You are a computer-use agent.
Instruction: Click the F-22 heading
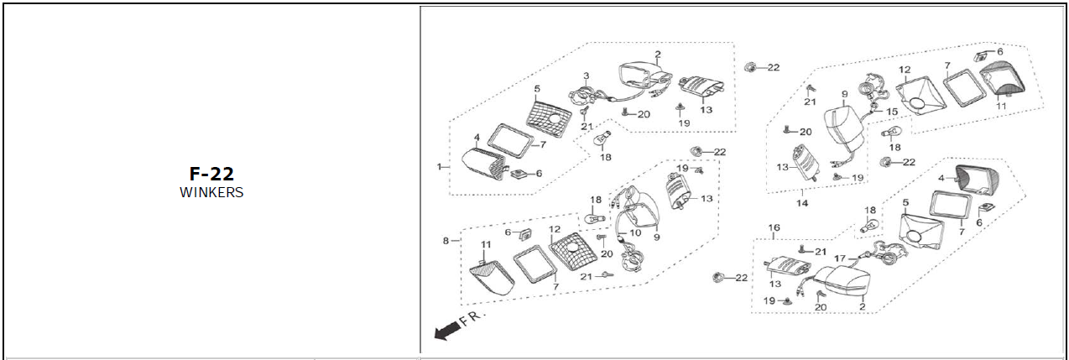click(x=211, y=174)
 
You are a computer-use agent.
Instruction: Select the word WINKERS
click(x=211, y=192)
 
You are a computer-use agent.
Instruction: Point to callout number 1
click(x=438, y=167)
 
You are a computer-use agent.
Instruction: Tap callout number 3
click(x=587, y=76)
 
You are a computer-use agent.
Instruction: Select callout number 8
click(x=446, y=241)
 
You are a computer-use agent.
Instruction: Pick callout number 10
click(x=635, y=232)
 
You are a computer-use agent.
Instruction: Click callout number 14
click(x=802, y=203)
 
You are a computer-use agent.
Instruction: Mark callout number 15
click(x=891, y=112)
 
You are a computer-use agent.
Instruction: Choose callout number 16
click(x=774, y=227)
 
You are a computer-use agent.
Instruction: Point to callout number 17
click(x=839, y=258)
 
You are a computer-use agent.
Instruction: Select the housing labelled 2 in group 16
click(x=844, y=284)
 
